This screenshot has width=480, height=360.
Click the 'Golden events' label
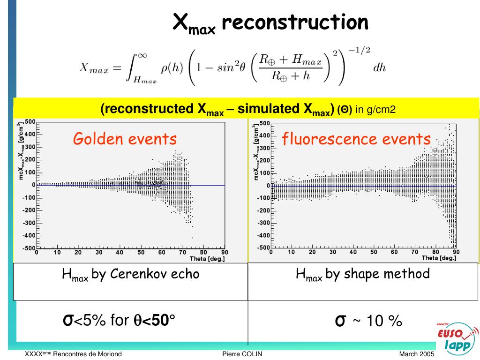point(125,139)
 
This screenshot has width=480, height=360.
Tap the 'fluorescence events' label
point(356,139)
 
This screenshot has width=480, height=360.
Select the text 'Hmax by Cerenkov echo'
point(131,274)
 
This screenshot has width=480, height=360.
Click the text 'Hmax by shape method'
point(363,274)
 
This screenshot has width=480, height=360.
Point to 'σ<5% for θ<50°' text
point(119,321)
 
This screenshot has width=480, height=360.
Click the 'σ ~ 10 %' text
point(368,321)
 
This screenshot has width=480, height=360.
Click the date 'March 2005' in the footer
point(417,354)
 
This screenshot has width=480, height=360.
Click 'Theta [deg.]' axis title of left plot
point(207,259)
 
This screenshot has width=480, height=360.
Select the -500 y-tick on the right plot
point(263,247)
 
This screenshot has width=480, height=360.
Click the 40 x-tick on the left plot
point(120,253)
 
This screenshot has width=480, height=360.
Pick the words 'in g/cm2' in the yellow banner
point(375,110)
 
